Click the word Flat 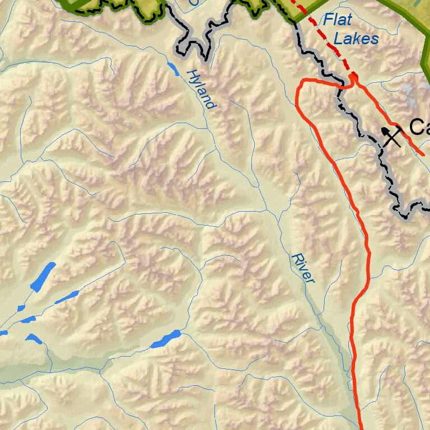click(x=337, y=21)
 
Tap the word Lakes click(x=356, y=39)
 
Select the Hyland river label click(x=200, y=89)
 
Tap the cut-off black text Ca click(x=419, y=127)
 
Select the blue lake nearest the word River click(x=166, y=339)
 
